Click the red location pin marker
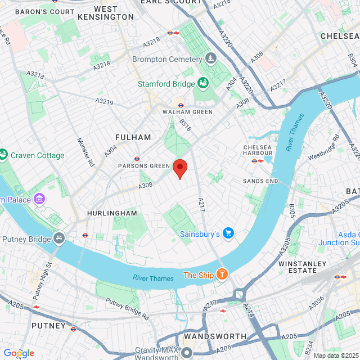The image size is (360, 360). pyautogui.click(x=179, y=168)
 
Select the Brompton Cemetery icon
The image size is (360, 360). pyautogui.click(x=211, y=58)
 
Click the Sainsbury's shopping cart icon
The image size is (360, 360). pyautogui.click(x=228, y=233)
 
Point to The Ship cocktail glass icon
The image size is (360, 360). pyautogui.click(x=223, y=274)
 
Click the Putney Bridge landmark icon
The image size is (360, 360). pyautogui.click(x=59, y=239)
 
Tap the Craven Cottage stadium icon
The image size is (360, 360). pyautogui.click(x=3, y=155)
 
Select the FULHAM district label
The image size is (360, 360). pyautogui.click(x=133, y=137)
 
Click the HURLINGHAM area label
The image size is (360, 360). pyautogui.click(x=112, y=214)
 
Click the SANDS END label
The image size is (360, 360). pyautogui.click(x=260, y=181)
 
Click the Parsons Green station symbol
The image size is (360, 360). pyautogui.click(x=137, y=159)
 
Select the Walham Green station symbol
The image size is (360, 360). pyautogui.click(x=181, y=105)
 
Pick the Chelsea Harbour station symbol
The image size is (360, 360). pyautogui.click(x=254, y=161)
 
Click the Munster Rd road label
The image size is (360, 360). pyautogui.click(x=86, y=152)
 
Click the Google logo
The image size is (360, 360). pyautogui.click(x=19, y=353)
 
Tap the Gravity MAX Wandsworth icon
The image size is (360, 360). pyautogui.click(x=187, y=353)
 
